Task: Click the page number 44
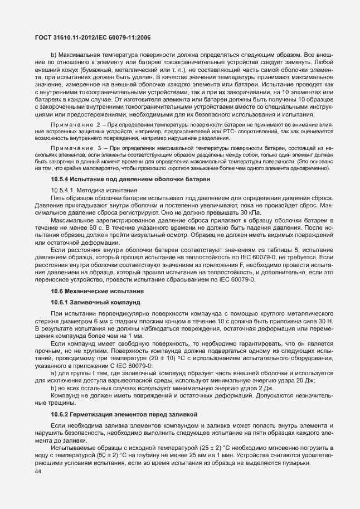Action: pyautogui.click(x=38, y=472)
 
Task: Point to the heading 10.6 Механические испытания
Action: pyautogui.click(x=93, y=292)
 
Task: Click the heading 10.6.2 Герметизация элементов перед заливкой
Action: pyautogui.click(x=119, y=415)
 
